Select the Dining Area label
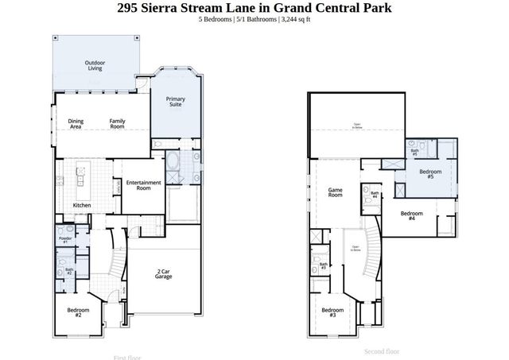click(76, 124)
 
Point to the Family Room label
click(117, 124)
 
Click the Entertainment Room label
click(143, 185)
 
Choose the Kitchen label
click(82, 206)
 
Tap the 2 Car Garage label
click(165, 274)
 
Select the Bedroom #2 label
click(78, 312)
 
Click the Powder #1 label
click(65, 239)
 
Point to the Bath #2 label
click(68, 272)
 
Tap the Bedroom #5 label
click(431, 174)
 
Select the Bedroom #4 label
click(411, 215)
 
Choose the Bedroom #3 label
click(332, 312)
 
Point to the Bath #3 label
click(324, 266)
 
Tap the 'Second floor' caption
click(382, 350)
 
